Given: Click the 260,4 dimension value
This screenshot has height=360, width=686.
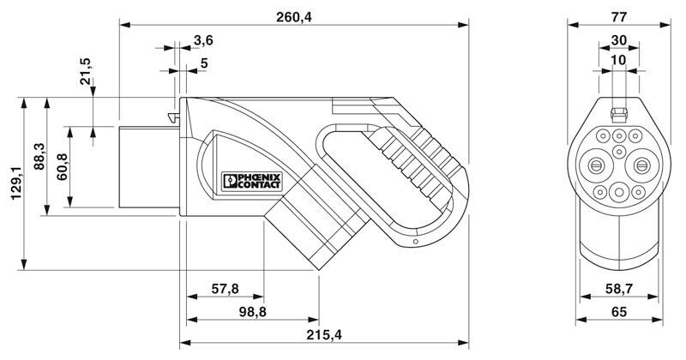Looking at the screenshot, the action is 293,17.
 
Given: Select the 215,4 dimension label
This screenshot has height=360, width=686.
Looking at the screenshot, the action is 324,335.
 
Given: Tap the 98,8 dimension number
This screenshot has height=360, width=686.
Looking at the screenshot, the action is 252,312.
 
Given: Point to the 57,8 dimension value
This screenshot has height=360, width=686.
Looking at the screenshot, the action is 226,289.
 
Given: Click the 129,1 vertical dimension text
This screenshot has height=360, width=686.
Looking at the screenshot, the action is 16,183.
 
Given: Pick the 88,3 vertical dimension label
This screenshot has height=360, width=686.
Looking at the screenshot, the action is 39,156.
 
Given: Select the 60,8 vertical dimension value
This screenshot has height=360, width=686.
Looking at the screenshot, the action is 62,166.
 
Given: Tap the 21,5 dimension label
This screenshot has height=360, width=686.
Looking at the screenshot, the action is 85,70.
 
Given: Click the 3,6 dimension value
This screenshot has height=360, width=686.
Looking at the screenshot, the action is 203,40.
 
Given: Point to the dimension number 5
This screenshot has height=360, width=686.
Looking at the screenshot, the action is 204,63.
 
